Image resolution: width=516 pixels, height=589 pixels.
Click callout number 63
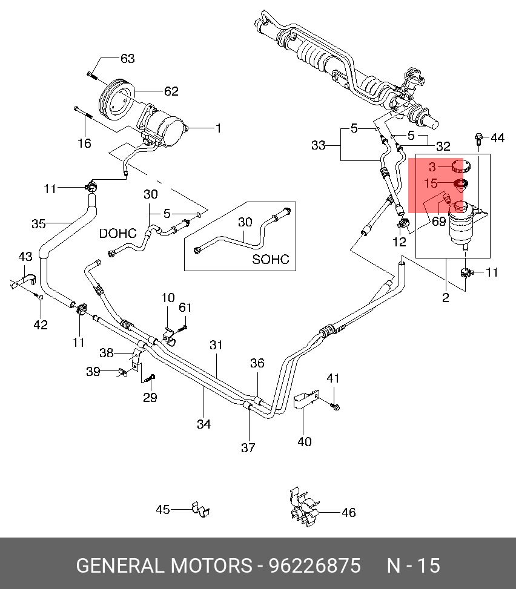[x=127, y=59]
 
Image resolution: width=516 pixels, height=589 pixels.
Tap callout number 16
[x=84, y=143]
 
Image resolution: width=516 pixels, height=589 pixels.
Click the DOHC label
[x=117, y=233]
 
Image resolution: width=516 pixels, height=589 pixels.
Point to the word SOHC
[x=271, y=259]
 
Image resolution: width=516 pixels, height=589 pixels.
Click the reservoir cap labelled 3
[x=460, y=166]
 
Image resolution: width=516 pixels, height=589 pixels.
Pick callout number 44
[x=497, y=138]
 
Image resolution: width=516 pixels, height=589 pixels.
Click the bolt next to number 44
[x=478, y=139]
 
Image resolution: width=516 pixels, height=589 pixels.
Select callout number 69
[x=438, y=221]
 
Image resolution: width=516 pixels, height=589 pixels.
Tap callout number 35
[x=38, y=224]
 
